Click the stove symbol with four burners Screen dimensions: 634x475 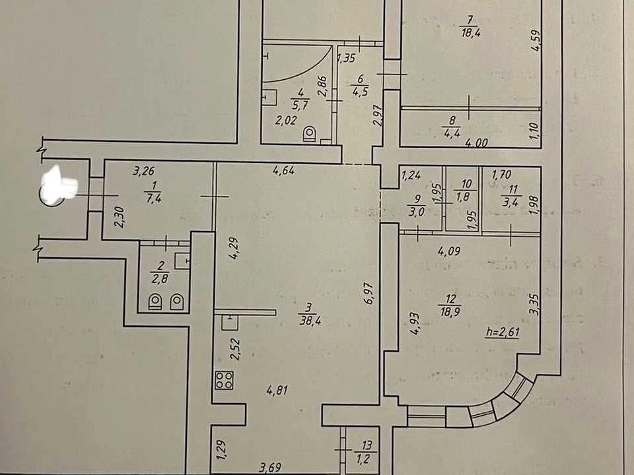pos(225,380)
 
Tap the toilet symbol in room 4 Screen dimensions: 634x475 pos(310,134)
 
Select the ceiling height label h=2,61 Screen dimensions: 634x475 pos(502,332)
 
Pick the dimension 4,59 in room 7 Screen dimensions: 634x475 pos(536,41)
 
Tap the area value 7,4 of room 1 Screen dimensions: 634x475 pos(153,198)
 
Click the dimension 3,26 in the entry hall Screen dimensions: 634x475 pos(143,172)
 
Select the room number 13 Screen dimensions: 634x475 pos(367,445)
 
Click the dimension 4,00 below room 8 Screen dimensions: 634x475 pos(476,142)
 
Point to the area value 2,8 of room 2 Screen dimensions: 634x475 pos(160,278)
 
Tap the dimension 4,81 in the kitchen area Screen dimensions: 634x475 pos(277,391)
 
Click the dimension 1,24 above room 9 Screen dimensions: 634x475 pos(411,175)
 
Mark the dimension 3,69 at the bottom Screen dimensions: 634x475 pos(270,468)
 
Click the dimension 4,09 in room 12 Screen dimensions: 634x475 pos(449,251)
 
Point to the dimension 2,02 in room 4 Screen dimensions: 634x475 pos(286,120)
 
